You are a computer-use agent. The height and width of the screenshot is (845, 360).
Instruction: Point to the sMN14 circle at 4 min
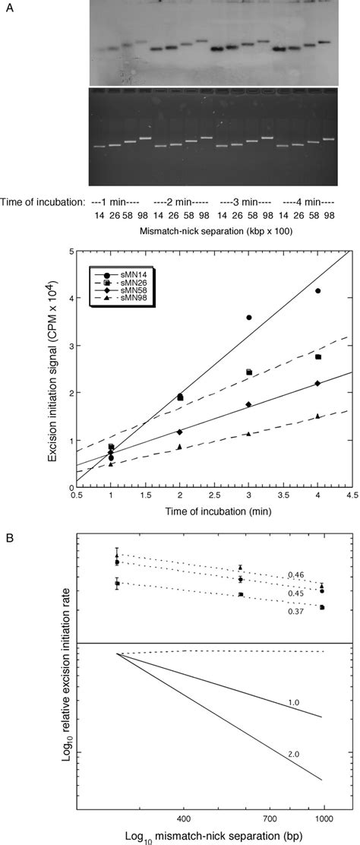(x=318, y=291)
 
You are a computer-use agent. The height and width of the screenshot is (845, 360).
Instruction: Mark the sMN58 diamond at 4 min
(x=318, y=383)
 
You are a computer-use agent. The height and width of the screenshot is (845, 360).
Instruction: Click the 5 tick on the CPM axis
(x=71, y=251)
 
